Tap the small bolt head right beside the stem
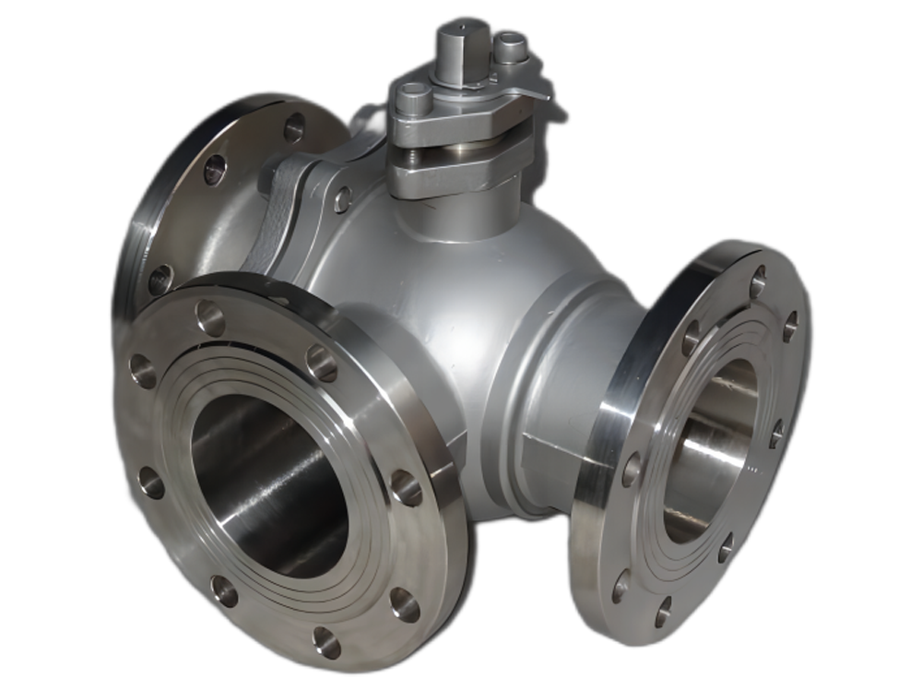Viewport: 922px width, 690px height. point(509,46)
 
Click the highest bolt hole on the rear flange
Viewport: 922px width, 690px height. point(294,127)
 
